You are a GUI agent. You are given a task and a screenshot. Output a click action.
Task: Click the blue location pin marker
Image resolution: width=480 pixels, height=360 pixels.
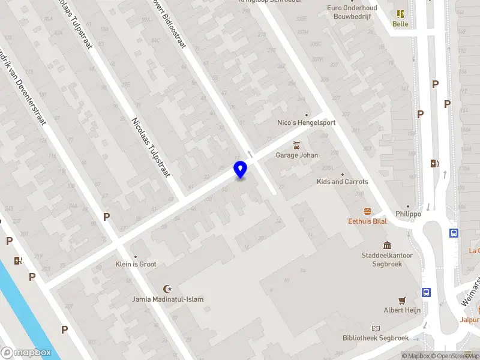tap(240, 169)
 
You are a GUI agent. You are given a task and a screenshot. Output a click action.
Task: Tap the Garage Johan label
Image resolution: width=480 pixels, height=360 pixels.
tap(296, 155)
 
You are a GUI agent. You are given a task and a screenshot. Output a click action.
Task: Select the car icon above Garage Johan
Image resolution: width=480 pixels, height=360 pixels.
tap(296, 145)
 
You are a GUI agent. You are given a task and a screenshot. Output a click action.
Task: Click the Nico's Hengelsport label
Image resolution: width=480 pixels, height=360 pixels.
tap(306, 122)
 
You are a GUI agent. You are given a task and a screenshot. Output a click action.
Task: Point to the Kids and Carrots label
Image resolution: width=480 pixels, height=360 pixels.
tap(343, 182)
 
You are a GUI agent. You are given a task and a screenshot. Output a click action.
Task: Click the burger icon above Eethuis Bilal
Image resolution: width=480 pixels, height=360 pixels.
tap(367, 211)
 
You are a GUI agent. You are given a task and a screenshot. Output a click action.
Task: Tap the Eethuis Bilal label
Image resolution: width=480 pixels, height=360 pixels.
tap(367, 221)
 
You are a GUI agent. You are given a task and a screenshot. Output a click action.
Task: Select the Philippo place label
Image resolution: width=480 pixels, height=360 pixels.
tap(408, 214)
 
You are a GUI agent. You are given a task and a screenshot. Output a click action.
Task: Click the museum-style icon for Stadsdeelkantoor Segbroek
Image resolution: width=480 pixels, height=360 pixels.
tap(387, 245)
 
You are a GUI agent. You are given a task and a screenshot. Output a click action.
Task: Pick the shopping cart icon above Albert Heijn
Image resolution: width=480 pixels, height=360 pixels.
tap(402, 300)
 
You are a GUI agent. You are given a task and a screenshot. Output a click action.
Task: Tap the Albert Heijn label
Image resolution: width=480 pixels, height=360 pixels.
tap(402, 310)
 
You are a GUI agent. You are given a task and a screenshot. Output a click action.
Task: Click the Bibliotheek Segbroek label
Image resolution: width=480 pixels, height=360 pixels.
tap(376, 338)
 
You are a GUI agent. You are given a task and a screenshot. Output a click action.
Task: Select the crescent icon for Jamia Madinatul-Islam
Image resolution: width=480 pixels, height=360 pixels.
tap(168, 289)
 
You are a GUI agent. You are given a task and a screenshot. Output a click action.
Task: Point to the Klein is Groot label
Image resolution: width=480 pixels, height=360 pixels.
tap(136, 264)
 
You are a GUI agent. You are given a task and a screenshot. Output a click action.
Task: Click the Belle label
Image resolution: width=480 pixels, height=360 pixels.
tap(400, 25)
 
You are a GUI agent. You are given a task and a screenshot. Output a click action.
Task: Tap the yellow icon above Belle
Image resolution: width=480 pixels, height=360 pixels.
tap(400, 13)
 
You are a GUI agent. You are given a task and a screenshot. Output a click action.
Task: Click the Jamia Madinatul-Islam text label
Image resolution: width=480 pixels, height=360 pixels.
tap(168, 299)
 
